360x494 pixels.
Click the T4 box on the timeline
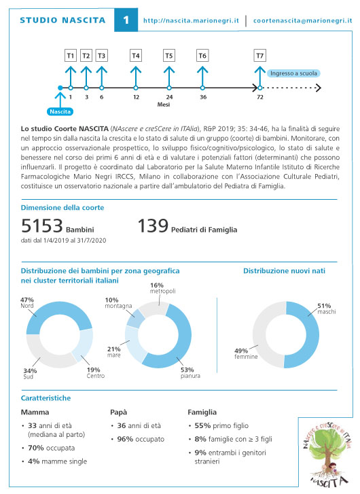[135, 56]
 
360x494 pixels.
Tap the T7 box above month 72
[259, 56]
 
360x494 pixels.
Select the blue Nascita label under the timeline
[60, 111]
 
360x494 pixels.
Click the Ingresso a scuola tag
[293, 73]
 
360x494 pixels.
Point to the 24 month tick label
[169, 97]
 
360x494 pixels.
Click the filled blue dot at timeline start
[60, 88]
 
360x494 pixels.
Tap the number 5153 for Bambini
[42, 226]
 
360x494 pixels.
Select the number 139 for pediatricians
[153, 226]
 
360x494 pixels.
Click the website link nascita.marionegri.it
[191, 21]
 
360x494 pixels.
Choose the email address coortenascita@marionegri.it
[302, 21]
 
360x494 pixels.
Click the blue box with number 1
[126, 20]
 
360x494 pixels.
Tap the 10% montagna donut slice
[135, 318]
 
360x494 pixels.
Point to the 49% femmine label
[246, 353]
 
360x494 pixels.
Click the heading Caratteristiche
[46, 398]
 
